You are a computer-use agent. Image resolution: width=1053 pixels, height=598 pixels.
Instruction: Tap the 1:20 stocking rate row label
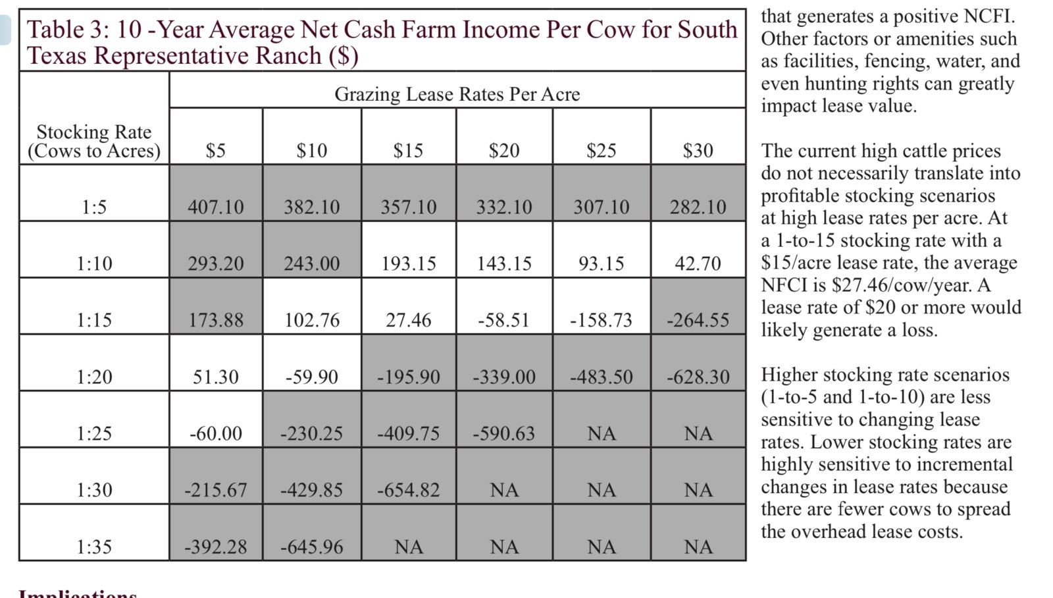point(94,377)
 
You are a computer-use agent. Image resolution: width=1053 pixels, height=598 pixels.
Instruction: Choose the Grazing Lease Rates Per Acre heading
point(457,94)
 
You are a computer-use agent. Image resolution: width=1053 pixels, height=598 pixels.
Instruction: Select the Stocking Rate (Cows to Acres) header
point(94,141)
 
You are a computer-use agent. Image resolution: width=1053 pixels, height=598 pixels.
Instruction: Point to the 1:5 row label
point(94,207)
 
